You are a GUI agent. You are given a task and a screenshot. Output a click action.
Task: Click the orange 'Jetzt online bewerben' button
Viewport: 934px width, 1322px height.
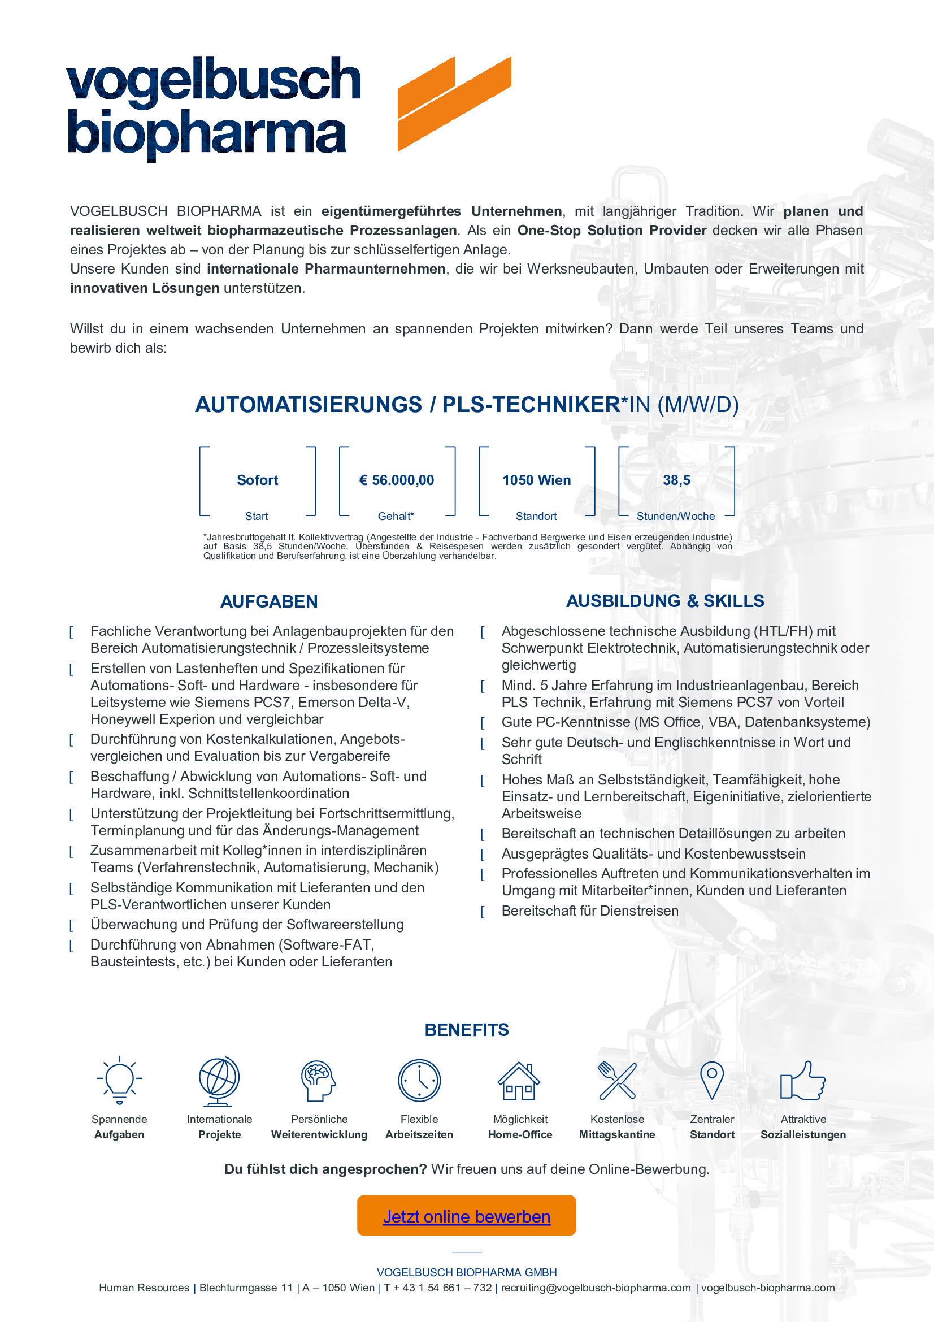tap(466, 1216)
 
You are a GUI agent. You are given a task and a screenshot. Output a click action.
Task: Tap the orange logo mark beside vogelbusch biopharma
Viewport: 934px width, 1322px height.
tap(454, 103)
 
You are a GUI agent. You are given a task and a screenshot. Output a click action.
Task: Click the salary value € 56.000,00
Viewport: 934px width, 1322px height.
tap(397, 480)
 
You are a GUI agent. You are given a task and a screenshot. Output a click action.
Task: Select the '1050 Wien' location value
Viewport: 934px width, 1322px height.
tap(536, 480)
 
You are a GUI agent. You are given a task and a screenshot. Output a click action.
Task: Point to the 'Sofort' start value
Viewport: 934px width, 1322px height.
tap(257, 480)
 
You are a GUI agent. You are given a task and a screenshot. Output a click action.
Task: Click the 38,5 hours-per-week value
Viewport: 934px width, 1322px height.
tap(676, 480)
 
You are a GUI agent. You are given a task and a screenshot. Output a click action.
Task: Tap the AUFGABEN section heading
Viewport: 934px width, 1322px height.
tap(269, 602)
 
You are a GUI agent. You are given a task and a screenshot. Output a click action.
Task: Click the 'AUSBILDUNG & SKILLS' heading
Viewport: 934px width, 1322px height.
tap(664, 601)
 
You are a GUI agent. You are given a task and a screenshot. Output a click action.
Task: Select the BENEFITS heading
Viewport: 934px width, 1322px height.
tap(467, 1030)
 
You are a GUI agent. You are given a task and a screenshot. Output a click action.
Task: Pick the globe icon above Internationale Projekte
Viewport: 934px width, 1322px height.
tap(219, 1081)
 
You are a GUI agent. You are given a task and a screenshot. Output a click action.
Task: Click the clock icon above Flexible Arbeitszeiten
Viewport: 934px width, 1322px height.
tap(419, 1081)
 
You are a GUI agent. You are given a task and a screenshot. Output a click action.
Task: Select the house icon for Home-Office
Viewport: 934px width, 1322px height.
tap(519, 1081)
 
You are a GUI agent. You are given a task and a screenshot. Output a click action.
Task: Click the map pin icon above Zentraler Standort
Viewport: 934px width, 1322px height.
tap(712, 1080)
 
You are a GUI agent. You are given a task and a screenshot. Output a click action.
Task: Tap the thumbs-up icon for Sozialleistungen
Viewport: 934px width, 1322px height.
tap(803, 1081)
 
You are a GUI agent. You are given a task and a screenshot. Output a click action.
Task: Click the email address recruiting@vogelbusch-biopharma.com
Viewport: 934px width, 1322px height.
tap(596, 1288)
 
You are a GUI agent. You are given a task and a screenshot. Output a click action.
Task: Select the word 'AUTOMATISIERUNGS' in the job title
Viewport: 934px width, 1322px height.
tap(309, 405)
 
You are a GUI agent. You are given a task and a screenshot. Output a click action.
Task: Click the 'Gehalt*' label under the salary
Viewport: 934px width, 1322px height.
tap(396, 517)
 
